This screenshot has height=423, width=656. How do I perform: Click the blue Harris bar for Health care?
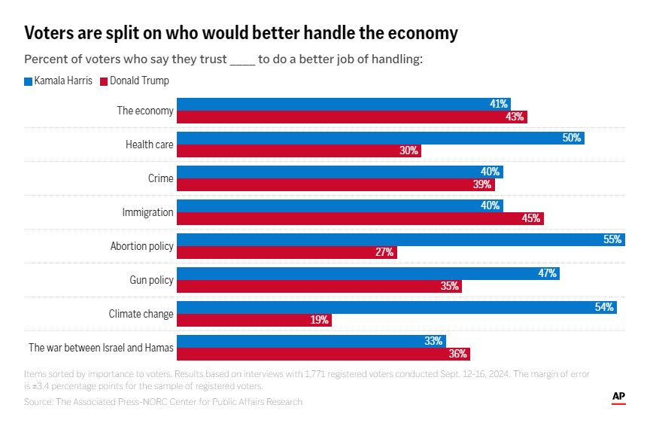[x=380, y=138]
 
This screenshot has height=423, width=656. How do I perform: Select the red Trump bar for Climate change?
[x=254, y=320]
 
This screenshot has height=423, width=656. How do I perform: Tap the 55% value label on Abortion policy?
[x=612, y=240]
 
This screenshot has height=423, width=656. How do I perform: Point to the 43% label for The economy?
[x=515, y=117]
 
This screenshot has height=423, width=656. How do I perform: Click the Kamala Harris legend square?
[x=28, y=81]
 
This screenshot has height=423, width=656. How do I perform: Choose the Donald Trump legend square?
[x=104, y=81]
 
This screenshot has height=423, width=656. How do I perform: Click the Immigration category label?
[x=147, y=212]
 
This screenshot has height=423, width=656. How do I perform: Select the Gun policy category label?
[x=151, y=280]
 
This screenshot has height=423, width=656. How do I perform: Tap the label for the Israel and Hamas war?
[x=101, y=348]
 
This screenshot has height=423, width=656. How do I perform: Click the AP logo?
[x=618, y=397]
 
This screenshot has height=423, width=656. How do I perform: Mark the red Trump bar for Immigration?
[x=360, y=218]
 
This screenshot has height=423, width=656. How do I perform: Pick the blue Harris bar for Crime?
[x=339, y=172]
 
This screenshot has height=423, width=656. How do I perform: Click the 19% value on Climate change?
[x=320, y=320]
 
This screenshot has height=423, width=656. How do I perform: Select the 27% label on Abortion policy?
[x=384, y=252]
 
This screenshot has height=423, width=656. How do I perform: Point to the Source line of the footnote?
[x=163, y=402]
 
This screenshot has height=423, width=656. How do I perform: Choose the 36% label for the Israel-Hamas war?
[x=458, y=354]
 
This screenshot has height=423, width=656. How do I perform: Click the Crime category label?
[x=160, y=178]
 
